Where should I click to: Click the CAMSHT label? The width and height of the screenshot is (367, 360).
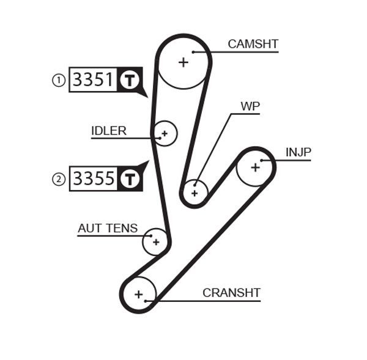253,44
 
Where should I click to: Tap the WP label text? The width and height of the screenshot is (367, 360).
250,106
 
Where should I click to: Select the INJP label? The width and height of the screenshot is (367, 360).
298,152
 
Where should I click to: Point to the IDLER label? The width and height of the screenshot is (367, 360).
109,130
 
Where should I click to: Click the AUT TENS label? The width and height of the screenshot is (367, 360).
108,228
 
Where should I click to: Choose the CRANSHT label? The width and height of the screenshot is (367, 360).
231,293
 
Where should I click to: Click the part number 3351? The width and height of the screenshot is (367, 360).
93,79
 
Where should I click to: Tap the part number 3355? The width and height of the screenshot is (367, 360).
94,178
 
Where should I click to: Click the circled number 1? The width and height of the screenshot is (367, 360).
59,80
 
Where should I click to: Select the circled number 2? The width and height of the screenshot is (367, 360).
59,179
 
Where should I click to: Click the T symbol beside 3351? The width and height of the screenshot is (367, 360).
128,79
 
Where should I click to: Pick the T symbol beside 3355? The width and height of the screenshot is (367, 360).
129,178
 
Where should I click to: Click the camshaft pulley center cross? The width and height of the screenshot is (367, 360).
183,62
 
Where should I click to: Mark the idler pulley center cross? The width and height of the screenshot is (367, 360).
164,133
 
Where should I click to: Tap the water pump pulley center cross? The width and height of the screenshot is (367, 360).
195,193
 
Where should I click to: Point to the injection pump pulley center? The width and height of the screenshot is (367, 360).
254,167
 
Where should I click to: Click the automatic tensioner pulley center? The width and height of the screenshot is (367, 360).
156,242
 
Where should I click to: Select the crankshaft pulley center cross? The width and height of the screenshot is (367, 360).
139,295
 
